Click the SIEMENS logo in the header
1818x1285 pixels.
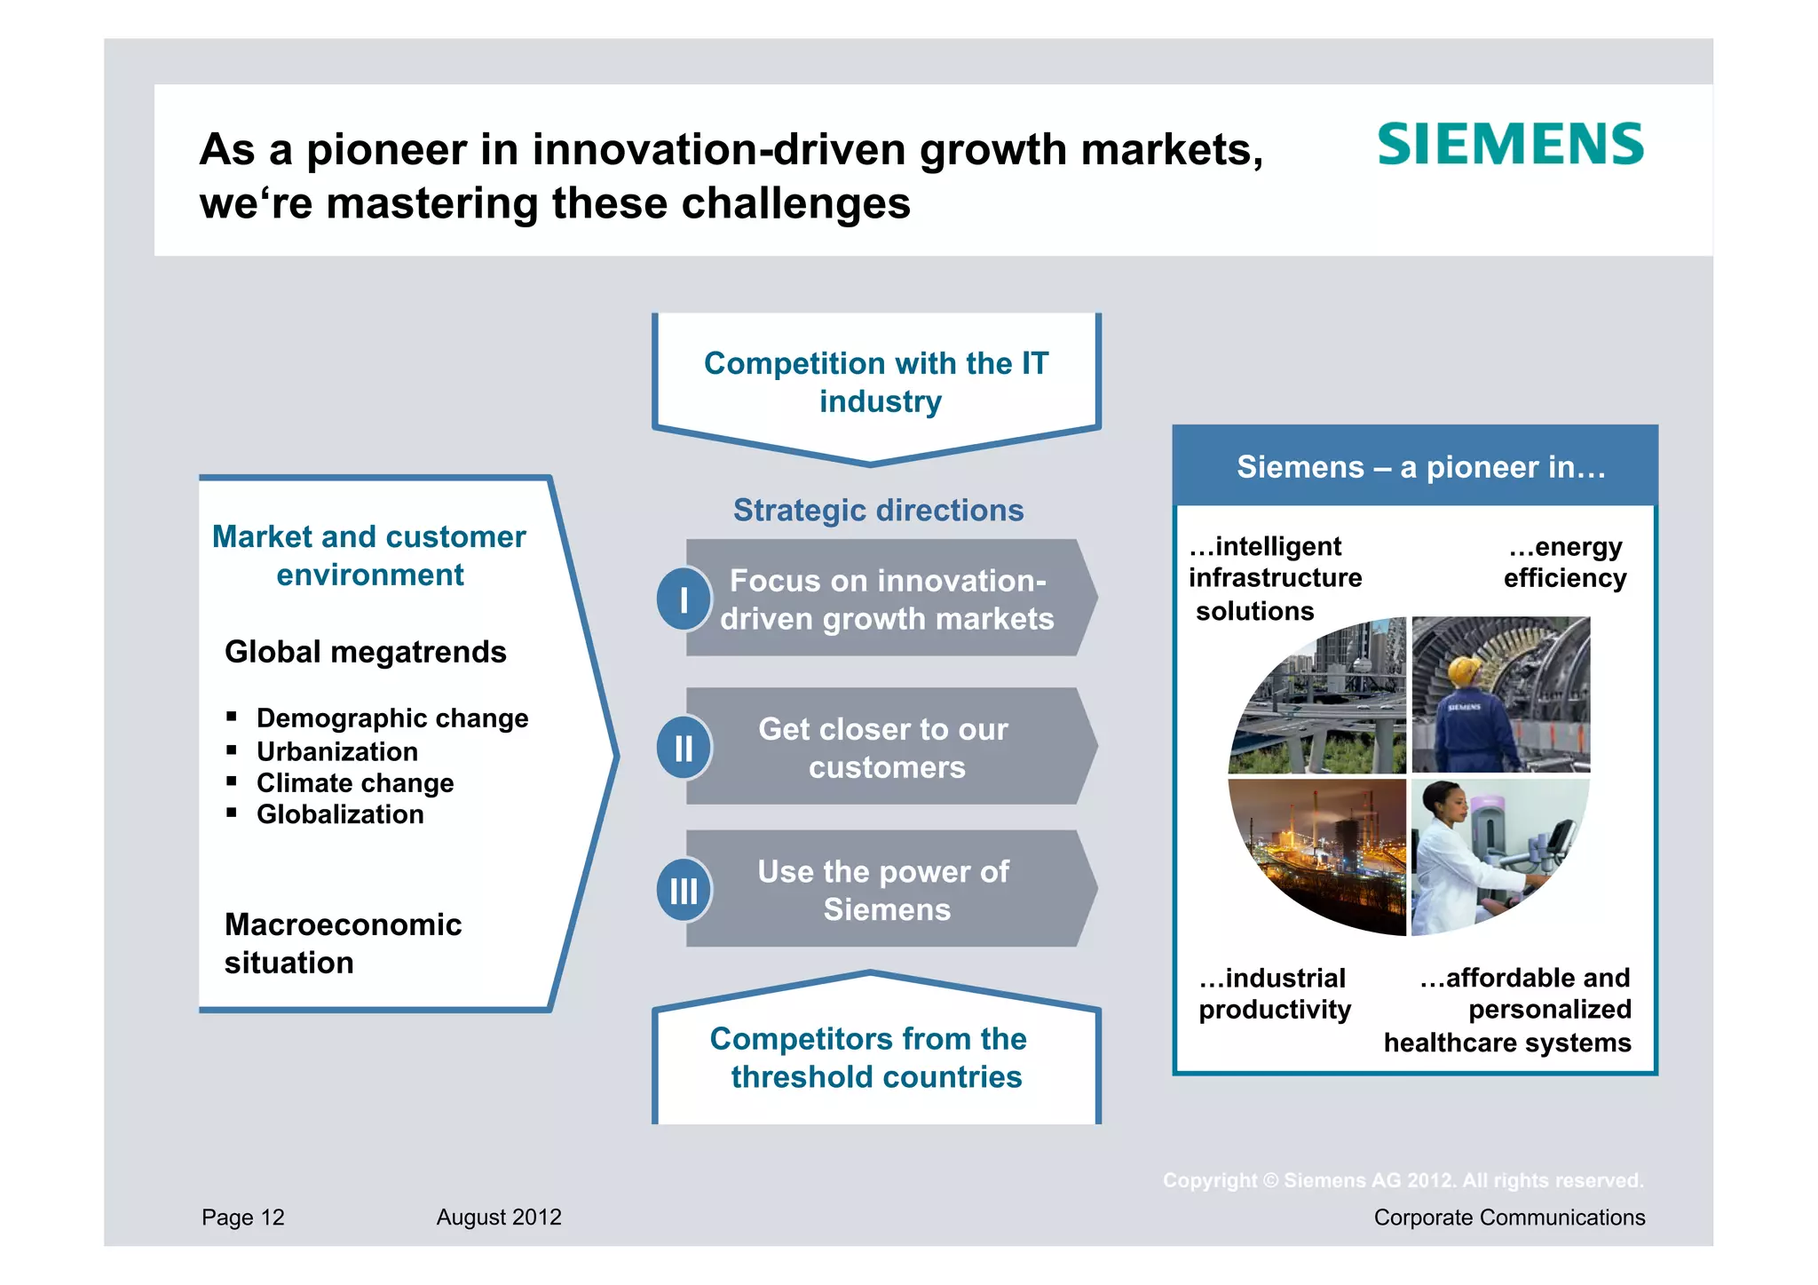tap(1510, 145)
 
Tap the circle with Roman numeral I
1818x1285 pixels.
tap(684, 599)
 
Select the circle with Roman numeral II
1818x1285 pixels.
tap(684, 748)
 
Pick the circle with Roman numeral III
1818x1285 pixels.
tap(684, 890)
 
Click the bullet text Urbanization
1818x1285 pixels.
tap(336, 751)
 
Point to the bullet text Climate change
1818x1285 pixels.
tap(355, 783)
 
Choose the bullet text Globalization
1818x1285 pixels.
tap(340, 814)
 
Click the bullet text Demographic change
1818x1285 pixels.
tap(392, 718)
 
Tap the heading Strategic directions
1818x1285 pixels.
tap(878, 511)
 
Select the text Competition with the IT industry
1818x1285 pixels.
tap(877, 382)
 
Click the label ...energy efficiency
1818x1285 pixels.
tap(1564, 562)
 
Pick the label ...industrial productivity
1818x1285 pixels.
tap(1274, 994)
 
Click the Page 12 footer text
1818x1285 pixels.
tap(242, 1218)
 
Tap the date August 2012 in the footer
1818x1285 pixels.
tap(499, 1218)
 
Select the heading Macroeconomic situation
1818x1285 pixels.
tap(343, 943)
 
